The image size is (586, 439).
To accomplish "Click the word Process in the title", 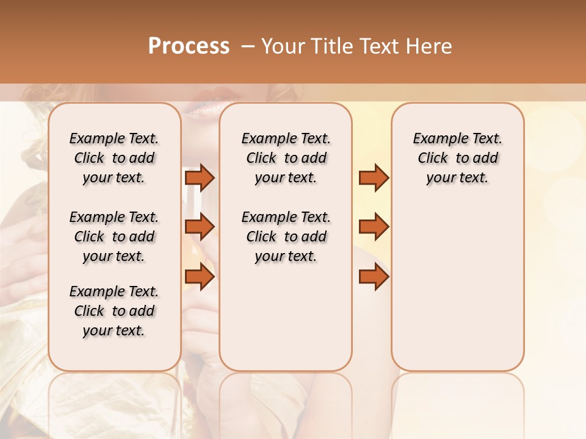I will coord(189,46).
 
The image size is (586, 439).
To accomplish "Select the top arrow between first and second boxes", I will coord(200,177).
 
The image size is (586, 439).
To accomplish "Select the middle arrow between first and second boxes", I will coord(200,227).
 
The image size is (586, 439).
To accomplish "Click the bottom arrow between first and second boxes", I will coord(200,276).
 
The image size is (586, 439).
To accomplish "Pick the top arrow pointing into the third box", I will coord(374,177).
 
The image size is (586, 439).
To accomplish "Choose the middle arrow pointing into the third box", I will coord(374,227).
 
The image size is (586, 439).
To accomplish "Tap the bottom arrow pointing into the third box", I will coord(374,276).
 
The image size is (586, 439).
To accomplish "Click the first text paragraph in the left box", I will coord(114,158).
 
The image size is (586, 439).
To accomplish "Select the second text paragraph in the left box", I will coord(114,237).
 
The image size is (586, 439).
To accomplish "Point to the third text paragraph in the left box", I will coord(114,311).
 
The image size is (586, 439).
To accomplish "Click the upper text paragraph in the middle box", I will coord(286,158).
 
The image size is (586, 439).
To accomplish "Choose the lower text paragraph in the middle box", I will coord(286,237).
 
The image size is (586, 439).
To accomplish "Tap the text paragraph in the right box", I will coord(457,158).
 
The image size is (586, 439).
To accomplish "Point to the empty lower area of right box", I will coord(457,287).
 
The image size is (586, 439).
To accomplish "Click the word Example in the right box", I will coord(435,138).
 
